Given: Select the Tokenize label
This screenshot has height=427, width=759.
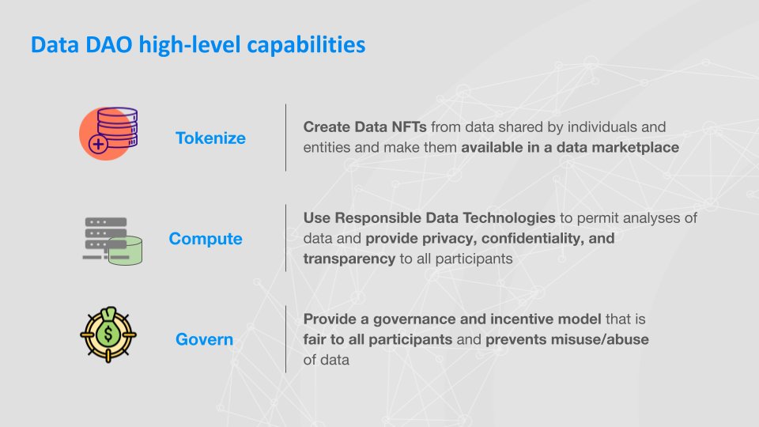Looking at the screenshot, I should point(210,138).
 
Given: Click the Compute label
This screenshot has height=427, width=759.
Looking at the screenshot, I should point(206,239).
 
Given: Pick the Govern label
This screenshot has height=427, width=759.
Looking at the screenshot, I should point(204,340).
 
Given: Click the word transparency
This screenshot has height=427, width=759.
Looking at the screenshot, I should point(349,259).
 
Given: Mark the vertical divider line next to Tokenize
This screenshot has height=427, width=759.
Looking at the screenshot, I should point(285,137).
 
